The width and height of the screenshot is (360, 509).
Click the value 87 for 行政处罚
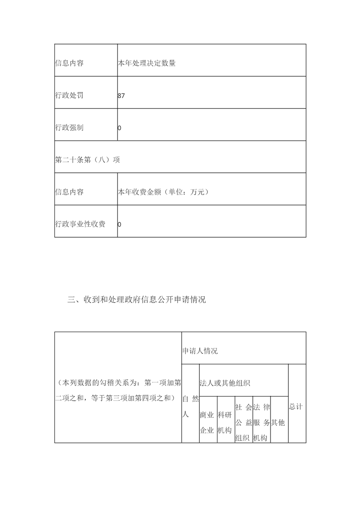tap(121, 96)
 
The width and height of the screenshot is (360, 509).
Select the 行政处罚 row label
tap(69, 96)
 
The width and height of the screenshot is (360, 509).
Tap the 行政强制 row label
tap(69, 128)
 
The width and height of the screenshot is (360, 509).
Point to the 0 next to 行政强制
tap(119, 128)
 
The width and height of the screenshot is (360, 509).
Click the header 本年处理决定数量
tap(147, 64)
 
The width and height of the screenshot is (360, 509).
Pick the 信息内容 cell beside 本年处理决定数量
tap(69, 64)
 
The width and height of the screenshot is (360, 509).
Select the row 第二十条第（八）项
tap(87, 160)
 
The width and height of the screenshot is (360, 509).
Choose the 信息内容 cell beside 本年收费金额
tap(69, 192)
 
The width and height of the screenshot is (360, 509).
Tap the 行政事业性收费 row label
tap(80, 224)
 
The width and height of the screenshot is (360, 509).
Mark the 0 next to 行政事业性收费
tap(119, 224)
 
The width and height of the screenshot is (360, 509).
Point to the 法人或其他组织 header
tap(225, 383)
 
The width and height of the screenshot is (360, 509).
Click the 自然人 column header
tap(190, 406)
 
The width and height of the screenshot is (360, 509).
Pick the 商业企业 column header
tap(207, 423)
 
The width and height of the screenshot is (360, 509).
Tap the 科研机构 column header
tap(225, 423)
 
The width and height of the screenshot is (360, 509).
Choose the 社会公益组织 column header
tap(243, 422)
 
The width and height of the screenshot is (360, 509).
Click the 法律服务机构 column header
tap(261, 422)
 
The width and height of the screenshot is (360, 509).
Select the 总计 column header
tap(296, 407)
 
